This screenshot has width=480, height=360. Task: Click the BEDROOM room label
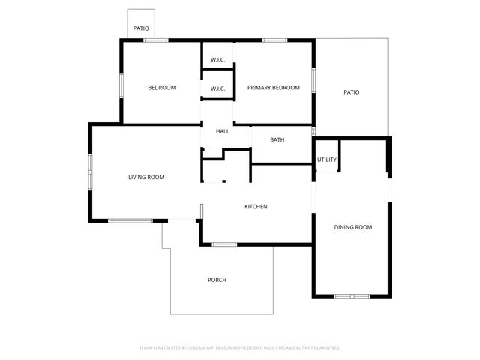pyautogui.click(x=161, y=88)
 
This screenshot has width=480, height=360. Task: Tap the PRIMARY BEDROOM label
pyautogui.click(x=274, y=88)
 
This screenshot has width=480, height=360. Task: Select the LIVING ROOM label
pyautogui.click(x=146, y=177)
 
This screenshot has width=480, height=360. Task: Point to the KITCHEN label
pyautogui.click(x=256, y=207)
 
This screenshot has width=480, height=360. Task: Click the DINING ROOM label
pyautogui.click(x=352, y=227)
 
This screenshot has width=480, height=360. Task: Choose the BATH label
pyautogui.click(x=277, y=139)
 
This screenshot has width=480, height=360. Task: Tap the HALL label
pyautogui.click(x=223, y=132)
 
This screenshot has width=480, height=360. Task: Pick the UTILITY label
pyautogui.click(x=327, y=160)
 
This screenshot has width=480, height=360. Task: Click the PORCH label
pyautogui.click(x=217, y=280)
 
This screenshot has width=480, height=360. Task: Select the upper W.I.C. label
pyautogui.click(x=217, y=60)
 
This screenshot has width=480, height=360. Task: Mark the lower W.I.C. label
pyautogui.click(x=217, y=88)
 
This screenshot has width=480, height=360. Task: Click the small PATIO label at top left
pyautogui.click(x=141, y=29)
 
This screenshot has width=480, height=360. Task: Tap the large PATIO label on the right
pyautogui.click(x=351, y=92)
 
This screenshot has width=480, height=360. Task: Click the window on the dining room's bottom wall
pyautogui.click(x=352, y=296)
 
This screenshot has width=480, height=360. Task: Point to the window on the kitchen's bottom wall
pyautogui.click(x=224, y=244)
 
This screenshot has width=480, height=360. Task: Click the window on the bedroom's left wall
pyautogui.click(x=121, y=84)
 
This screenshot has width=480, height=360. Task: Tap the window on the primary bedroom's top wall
pyautogui.click(x=275, y=40)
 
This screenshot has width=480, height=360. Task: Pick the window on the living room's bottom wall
pyautogui.click(x=130, y=220)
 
